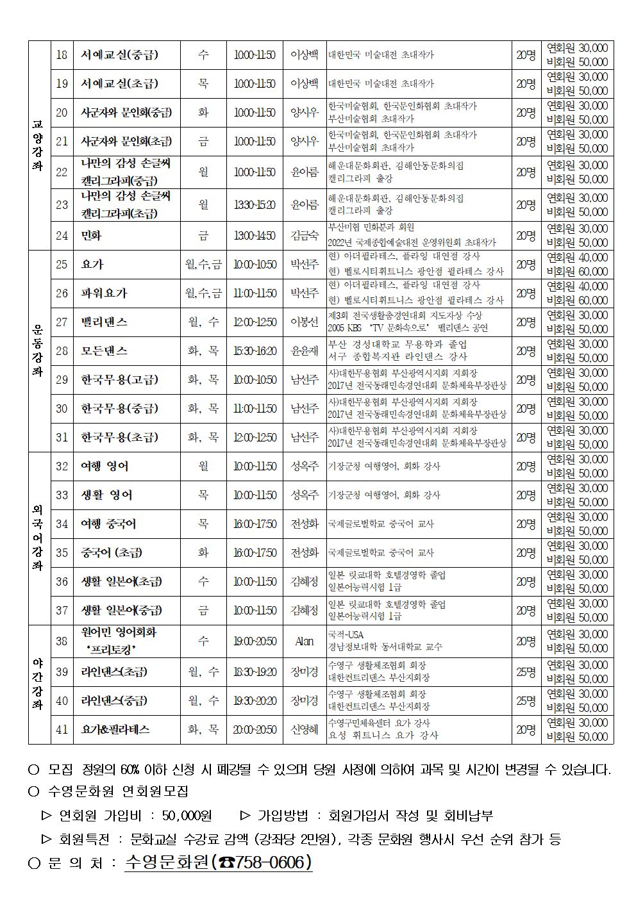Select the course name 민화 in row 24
92,236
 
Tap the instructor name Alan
305,641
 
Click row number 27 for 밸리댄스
62,322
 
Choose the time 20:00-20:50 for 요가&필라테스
255,730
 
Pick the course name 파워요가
104,293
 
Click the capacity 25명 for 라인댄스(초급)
526,672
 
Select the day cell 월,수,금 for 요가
203,264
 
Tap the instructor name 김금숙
305,236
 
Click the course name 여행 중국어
108,524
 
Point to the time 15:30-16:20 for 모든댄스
255,351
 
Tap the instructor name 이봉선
305,322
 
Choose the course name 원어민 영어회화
119,632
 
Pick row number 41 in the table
62,730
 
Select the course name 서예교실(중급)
119,54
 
